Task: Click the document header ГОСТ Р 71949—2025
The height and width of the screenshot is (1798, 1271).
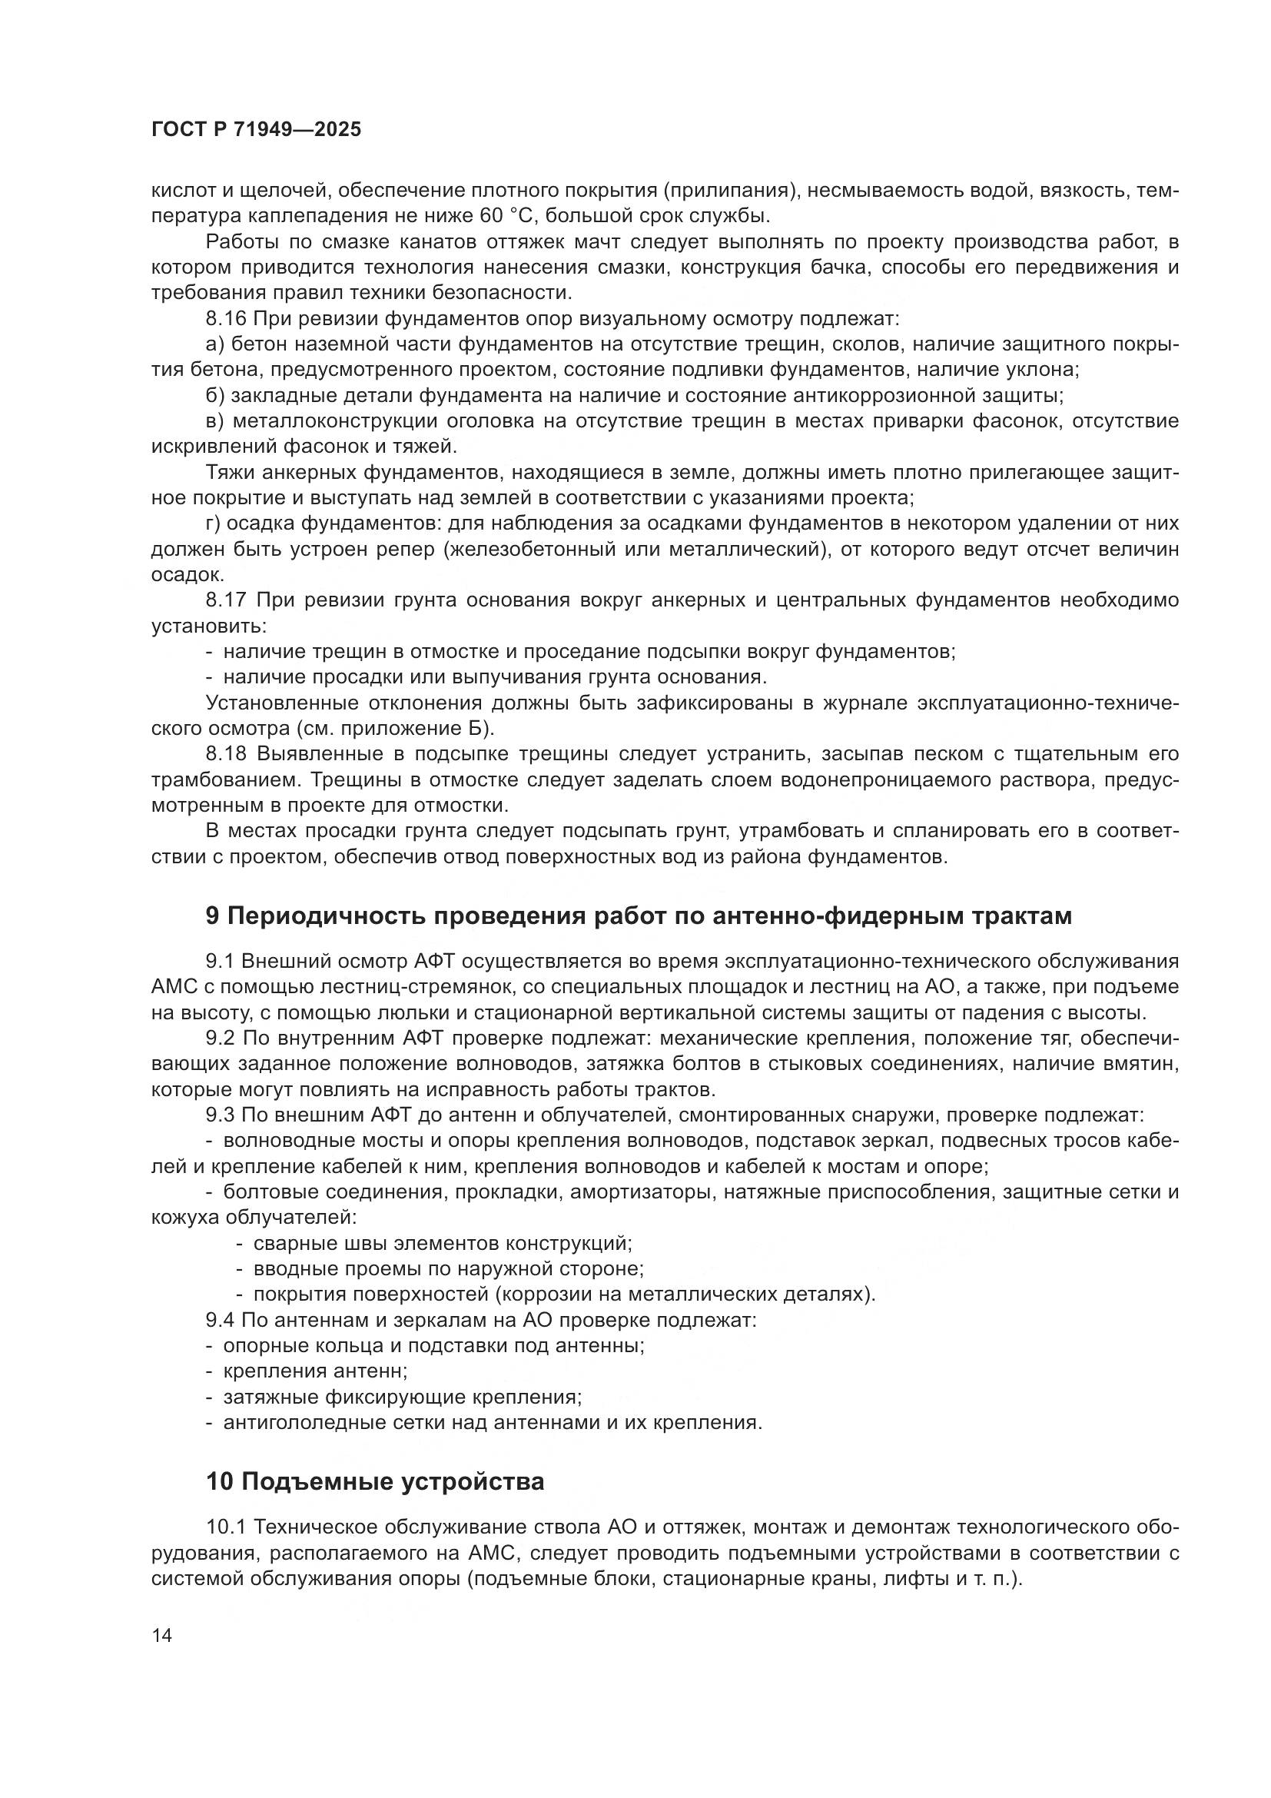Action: tap(257, 130)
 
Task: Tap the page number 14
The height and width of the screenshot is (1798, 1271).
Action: tap(161, 1636)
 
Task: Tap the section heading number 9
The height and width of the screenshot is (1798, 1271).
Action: tap(212, 916)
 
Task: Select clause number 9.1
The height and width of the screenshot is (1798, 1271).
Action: tap(220, 961)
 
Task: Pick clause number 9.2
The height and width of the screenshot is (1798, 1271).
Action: tap(221, 1039)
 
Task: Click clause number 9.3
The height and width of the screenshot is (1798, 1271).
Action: tap(221, 1115)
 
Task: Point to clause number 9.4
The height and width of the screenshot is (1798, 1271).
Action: tap(221, 1321)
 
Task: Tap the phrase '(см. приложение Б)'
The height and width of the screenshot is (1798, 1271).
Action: tap(396, 728)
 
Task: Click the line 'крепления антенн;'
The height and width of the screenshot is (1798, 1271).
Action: tap(315, 1371)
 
